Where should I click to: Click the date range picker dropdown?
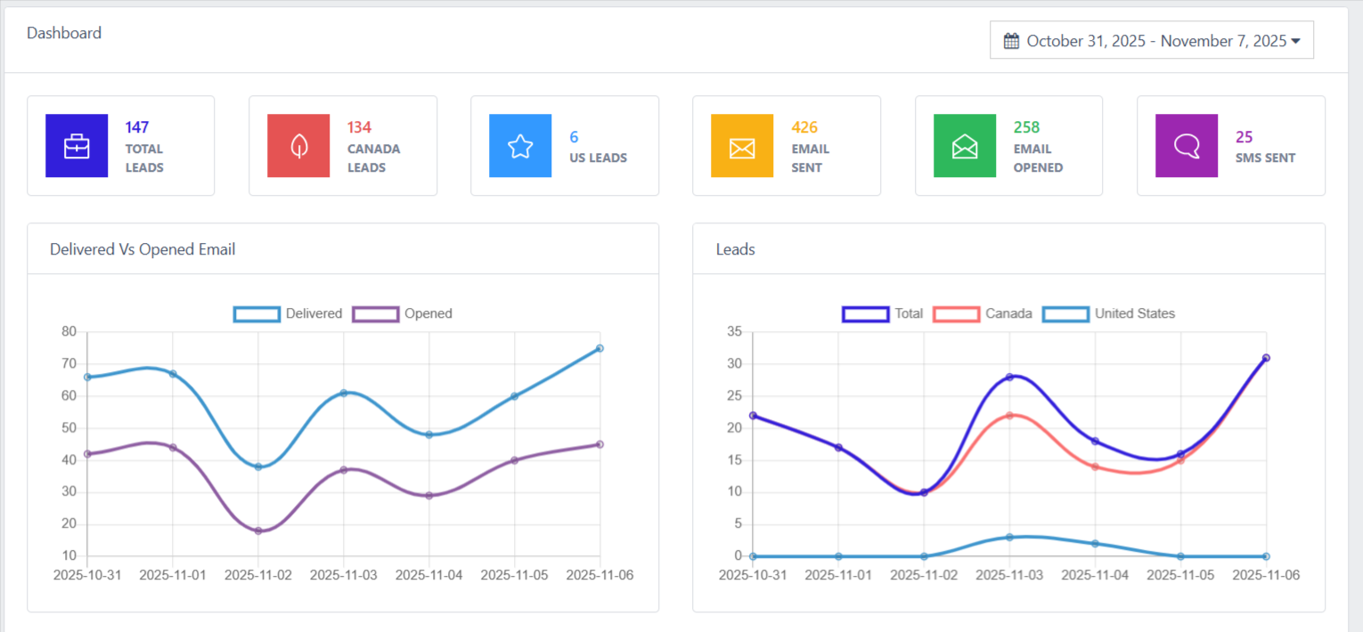click(x=1151, y=40)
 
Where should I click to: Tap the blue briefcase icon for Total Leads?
click(x=77, y=145)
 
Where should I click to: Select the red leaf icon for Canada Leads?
click(x=298, y=145)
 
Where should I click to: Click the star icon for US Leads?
click(x=520, y=145)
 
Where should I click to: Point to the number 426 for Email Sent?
click(x=804, y=127)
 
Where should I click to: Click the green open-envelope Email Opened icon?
click(x=964, y=145)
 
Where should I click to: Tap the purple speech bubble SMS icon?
click(x=1187, y=145)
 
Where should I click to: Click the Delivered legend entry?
click(x=288, y=313)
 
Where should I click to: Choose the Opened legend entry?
click(x=403, y=313)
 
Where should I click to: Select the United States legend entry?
click(x=1110, y=313)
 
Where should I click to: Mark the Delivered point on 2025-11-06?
click(x=600, y=348)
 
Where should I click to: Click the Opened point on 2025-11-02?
click(x=258, y=531)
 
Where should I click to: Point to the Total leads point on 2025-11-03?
click(x=1009, y=377)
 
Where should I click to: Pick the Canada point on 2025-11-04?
click(x=1095, y=466)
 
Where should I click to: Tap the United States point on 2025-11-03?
click(x=1009, y=537)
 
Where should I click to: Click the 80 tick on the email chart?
click(x=69, y=332)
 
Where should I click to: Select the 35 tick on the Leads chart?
click(x=735, y=332)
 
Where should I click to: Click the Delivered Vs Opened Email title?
click(x=143, y=249)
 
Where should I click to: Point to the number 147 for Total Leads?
click(x=137, y=127)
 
